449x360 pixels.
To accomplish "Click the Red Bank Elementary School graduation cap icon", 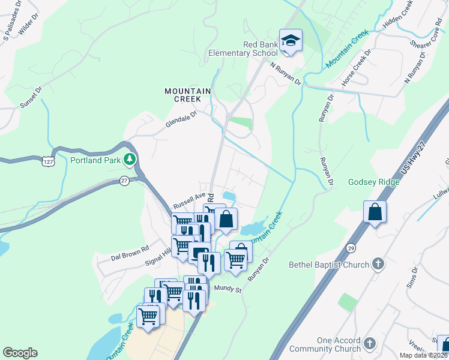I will pos(291,40).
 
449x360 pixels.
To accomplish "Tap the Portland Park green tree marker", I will pos(128,160).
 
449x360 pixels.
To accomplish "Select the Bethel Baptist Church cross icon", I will pos(378,264).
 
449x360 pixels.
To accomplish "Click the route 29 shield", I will pos(351,247).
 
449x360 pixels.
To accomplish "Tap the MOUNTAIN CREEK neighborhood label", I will pos(188,95).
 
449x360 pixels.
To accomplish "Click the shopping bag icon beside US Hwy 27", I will pos(375,212).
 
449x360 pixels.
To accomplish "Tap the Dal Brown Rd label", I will pos(130,253).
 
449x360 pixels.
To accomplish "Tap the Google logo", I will pos(20,353).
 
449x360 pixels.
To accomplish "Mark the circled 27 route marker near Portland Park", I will pos(124,181).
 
